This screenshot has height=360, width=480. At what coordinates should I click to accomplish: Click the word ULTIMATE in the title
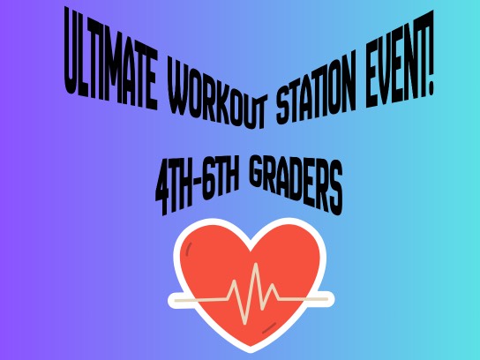tap(111, 58)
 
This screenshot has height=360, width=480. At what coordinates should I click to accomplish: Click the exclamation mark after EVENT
tap(430, 53)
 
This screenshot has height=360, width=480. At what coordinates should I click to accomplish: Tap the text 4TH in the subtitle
tap(175, 189)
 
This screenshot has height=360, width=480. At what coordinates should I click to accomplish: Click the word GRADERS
tap(296, 185)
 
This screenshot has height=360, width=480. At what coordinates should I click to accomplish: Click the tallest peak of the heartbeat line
tap(256, 264)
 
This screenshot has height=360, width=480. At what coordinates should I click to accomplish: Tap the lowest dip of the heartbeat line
tap(244, 323)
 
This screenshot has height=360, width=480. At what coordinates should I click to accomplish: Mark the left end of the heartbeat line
tap(176, 301)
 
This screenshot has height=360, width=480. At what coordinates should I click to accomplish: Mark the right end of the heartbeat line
tap(326, 299)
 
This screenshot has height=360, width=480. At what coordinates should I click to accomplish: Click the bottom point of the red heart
tap(251, 346)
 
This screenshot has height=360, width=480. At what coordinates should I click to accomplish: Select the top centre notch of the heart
tap(251, 251)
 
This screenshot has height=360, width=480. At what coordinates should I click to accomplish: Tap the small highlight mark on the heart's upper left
tap(190, 248)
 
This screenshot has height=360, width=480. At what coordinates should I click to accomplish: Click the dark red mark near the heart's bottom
tap(269, 328)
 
